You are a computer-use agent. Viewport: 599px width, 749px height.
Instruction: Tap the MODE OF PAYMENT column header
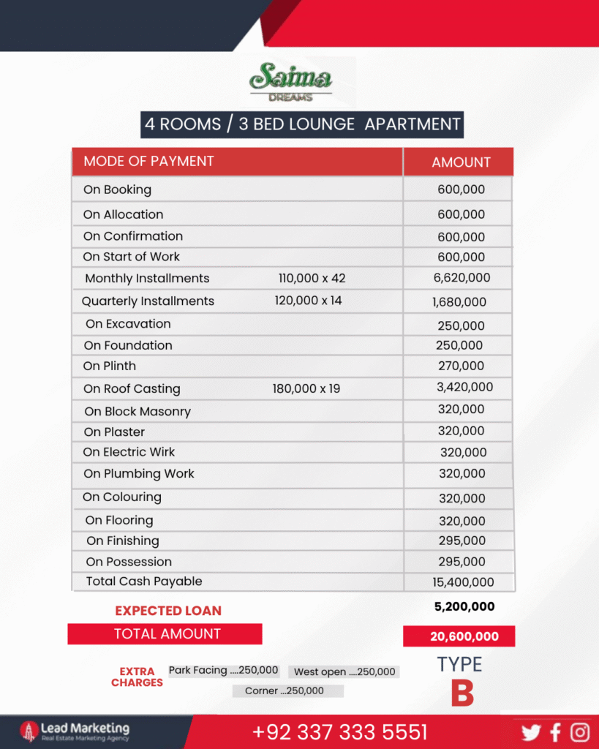coord(148,161)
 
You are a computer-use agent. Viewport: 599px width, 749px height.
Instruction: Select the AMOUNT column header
coord(461,162)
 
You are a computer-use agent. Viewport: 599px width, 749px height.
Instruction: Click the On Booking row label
coord(117,189)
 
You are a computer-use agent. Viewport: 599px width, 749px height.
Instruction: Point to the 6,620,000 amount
coord(462,278)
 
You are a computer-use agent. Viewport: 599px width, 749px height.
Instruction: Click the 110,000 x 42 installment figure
coord(312,278)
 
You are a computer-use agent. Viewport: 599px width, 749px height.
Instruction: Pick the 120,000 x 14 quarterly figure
coord(308,301)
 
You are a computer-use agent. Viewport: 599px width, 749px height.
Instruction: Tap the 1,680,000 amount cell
coord(459,301)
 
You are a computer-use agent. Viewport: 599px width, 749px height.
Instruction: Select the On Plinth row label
coord(110,366)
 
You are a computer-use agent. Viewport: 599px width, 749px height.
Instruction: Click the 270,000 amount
coord(461,366)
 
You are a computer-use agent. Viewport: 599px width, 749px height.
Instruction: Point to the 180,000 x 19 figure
coord(306,388)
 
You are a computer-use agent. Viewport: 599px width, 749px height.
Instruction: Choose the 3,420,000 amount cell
coord(464,388)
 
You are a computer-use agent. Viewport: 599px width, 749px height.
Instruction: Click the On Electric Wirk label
coord(129,452)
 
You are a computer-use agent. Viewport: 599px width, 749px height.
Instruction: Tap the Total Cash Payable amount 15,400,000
coord(462,582)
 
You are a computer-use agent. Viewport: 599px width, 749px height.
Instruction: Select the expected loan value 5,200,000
coord(464,606)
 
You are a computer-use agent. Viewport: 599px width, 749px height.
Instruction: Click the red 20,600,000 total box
coord(459,636)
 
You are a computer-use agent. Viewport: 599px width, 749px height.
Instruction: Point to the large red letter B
coord(462,693)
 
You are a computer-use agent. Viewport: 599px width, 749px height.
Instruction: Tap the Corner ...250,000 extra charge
coord(288,690)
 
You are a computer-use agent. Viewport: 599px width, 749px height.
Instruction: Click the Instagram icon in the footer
coord(580,731)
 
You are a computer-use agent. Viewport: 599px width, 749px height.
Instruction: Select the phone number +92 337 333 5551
coord(339,732)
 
